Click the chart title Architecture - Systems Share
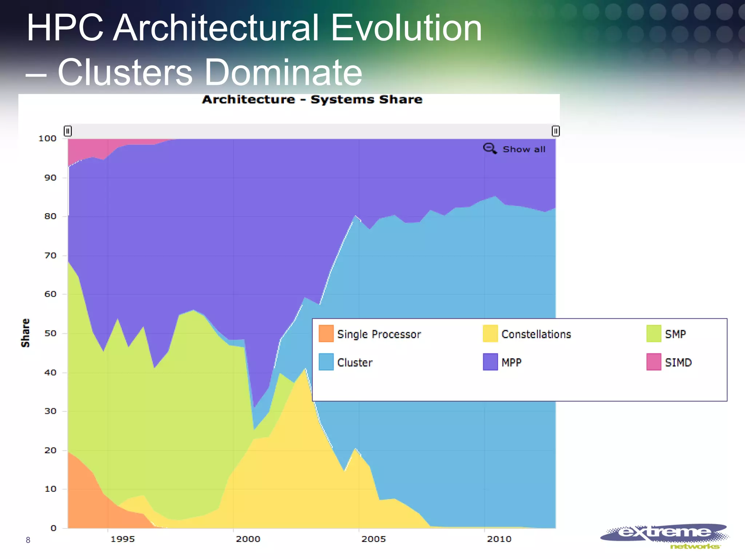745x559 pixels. [x=312, y=99]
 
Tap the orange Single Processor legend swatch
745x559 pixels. [x=326, y=333]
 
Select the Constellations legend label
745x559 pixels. [x=536, y=334]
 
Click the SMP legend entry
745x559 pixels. [x=675, y=334]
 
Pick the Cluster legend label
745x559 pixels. [x=355, y=362]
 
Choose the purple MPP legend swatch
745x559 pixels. [x=490, y=362]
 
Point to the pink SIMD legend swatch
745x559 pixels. [x=654, y=362]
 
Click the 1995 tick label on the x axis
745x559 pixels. [x=123, y=539]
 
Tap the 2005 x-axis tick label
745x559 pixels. [x=374, y=539]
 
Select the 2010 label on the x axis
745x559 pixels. [x=499, y=539]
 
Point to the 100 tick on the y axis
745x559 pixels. [x=48, y=138]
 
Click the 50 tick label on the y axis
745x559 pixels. [x=50, y=333]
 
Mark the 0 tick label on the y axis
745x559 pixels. [x=53, y=528]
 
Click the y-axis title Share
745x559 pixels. [x=25, y=333]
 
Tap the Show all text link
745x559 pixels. [x=524, y=149]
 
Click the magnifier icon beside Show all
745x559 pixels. [x=490, y=148]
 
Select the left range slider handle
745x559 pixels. [x=68, y=131]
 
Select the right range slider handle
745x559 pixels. [x=555, y=131]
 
